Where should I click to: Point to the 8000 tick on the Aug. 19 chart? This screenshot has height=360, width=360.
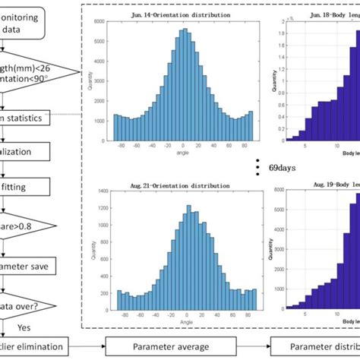tap(279, 193)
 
